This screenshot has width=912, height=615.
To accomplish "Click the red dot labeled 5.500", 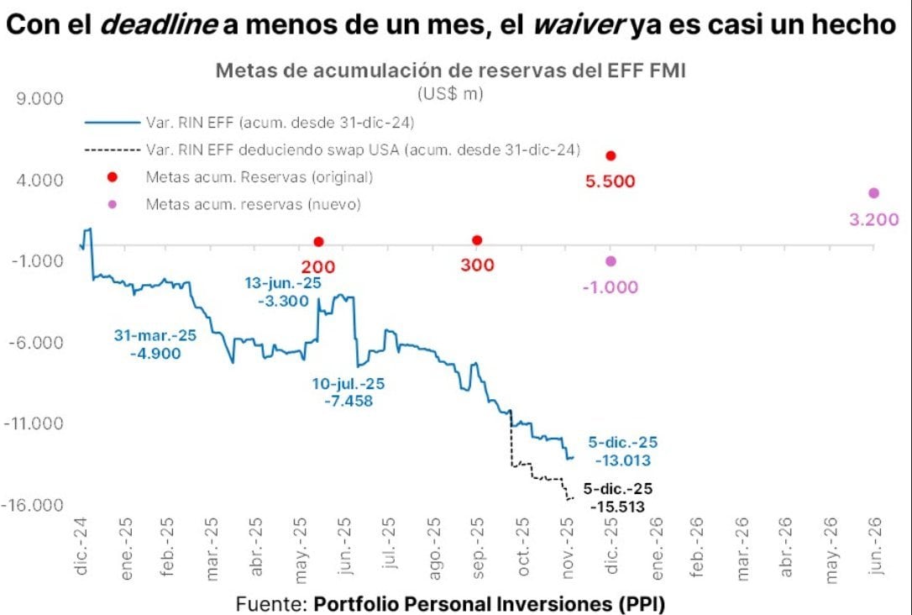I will (611, 155).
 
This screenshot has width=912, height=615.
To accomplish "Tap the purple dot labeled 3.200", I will (873, 193).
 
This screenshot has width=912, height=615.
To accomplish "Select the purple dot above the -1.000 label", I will (611, 261).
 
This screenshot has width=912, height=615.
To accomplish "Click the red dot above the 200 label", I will (318, 242).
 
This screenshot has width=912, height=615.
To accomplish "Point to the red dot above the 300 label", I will (477, 240).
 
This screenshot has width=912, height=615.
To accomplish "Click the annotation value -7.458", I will (348, 402).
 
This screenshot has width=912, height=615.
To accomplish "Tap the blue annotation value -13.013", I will (622, 460).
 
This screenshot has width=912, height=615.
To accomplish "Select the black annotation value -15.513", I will (618, 507).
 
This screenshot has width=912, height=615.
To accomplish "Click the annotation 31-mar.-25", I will (155, 335).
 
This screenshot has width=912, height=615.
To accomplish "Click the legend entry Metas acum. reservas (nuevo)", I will (253, 204).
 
